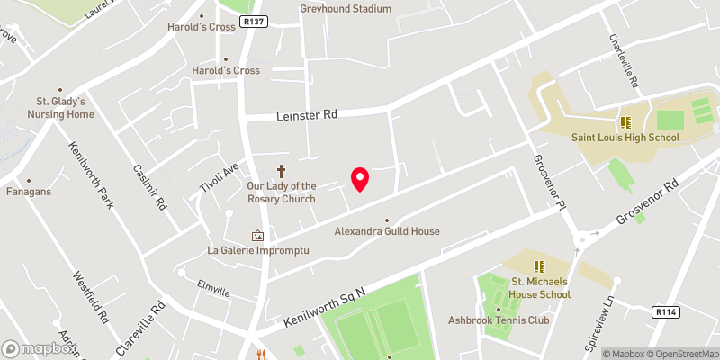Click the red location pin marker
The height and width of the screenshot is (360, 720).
[x=360, y=179]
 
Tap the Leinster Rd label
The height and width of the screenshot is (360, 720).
[x=305, y=115]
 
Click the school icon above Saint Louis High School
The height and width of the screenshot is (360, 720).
[x=625, y=122]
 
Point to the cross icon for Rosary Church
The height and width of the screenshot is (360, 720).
[x=281, y=169]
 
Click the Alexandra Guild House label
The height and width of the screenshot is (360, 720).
[x=387, y=231]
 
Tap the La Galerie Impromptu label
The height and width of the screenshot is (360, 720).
[x=258, y=250]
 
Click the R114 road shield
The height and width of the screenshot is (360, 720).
[x=666, y=311]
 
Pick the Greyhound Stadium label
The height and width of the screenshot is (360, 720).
[x=346, y=9]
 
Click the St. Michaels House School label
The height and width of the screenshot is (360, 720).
[x=541, y=288]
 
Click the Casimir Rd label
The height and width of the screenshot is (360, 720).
[x=149, y=185]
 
